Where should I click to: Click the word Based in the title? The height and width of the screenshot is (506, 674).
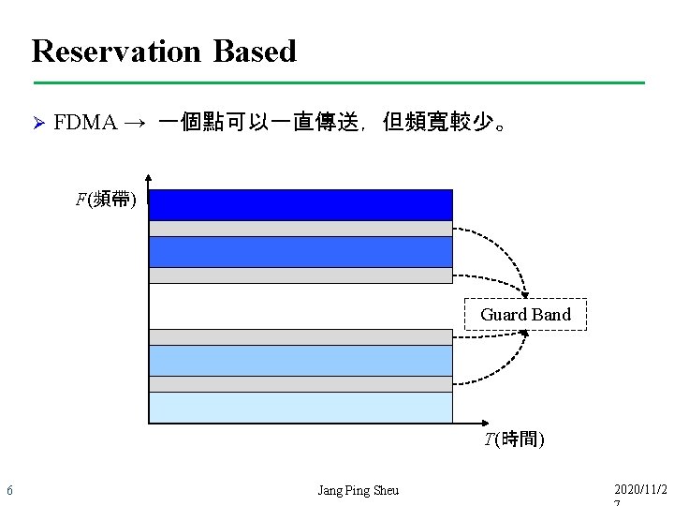coord(255,51)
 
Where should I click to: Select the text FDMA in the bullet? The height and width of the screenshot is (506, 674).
coord(85,123)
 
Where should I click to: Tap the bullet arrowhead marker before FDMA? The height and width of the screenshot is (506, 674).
coord(38,123)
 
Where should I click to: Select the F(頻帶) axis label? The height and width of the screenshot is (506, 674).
coord(106,199)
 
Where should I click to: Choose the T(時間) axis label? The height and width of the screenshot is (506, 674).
coord(514,439)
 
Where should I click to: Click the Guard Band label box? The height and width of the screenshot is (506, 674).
coord(525,315)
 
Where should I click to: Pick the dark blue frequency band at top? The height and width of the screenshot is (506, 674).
coord(300,204)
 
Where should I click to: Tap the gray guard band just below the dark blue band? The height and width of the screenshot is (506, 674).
coord(300,229)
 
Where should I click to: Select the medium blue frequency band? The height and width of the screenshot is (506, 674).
coord(300,251)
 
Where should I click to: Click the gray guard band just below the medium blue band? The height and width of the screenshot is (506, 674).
coord(300,275)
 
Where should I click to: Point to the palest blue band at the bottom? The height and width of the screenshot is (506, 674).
coord(300,408)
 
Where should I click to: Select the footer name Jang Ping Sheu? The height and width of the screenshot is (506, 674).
coord(358,490)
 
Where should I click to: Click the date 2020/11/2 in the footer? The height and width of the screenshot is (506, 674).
coord(641,490)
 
